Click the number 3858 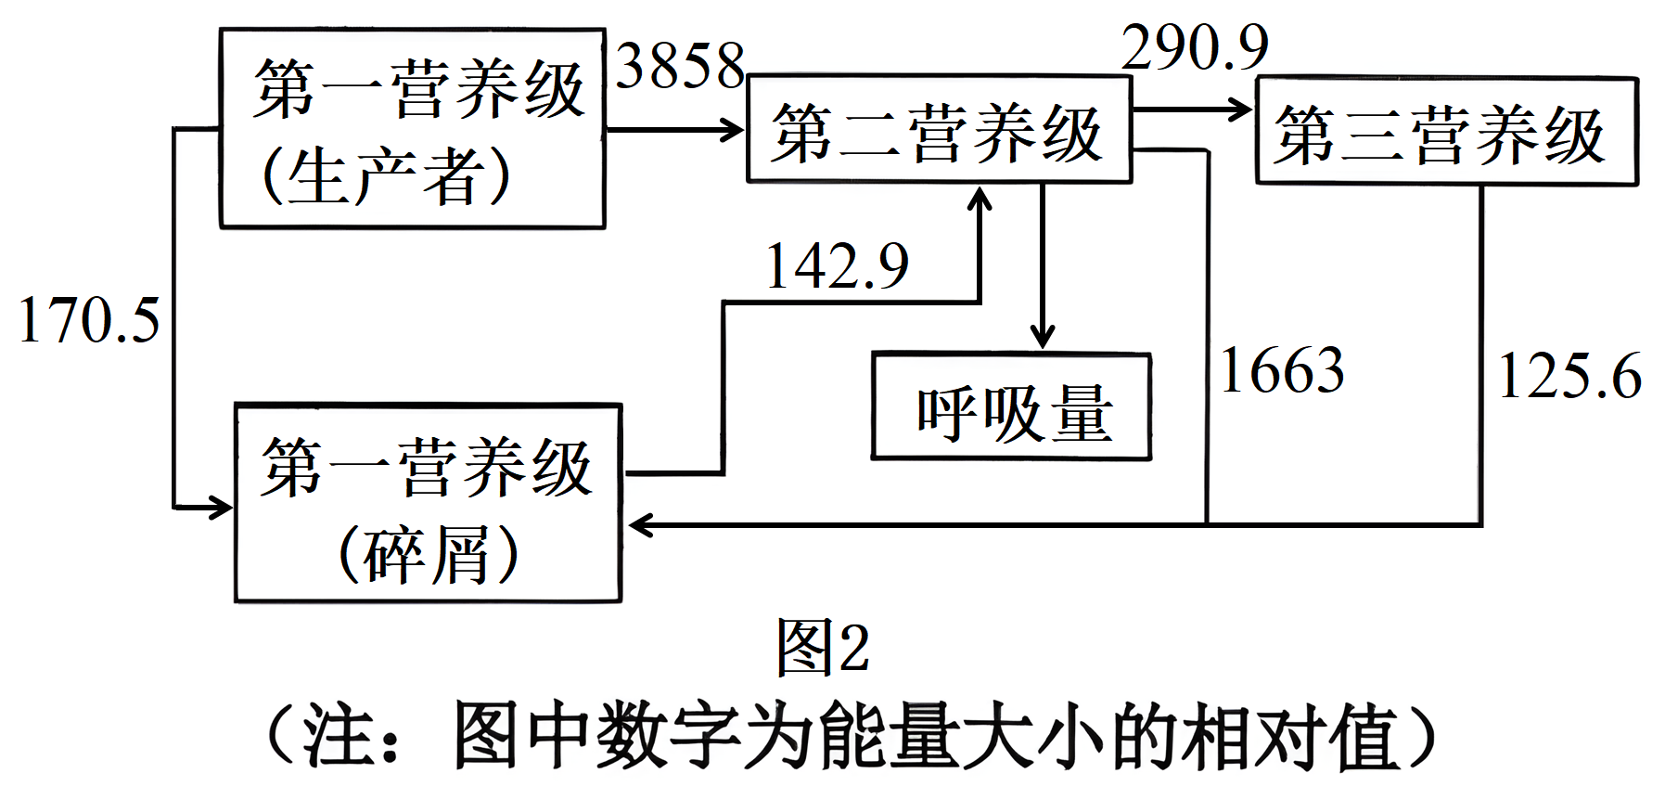(680, 66)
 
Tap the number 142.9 (837, 266)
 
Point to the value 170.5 (89, 321)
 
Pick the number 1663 (1282, 370)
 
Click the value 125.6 (1569, 376)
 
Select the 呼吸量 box (1011, 407)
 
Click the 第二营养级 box (939, 129)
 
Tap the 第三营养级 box (1446, 132)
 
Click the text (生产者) (386, 175)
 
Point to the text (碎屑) (428, 555)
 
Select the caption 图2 (823, 647)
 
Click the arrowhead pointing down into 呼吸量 (1043, 338)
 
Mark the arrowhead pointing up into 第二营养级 (980, 198)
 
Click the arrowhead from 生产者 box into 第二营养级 (732, 129)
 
